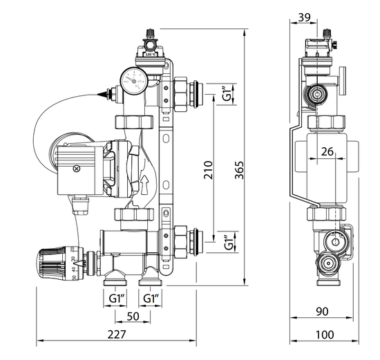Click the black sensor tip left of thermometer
(102, 92)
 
